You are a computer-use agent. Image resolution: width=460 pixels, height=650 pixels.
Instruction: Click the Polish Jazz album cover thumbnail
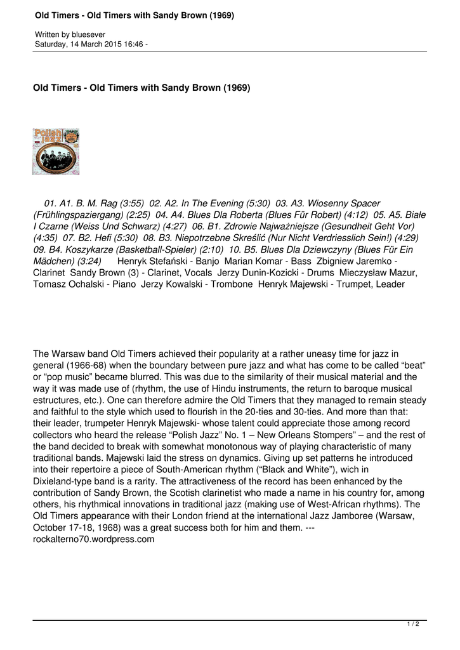tap(56, 152)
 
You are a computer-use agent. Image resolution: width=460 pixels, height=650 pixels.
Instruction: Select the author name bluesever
tap(88, 34)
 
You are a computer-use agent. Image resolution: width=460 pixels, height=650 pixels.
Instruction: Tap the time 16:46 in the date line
tap(132, 44)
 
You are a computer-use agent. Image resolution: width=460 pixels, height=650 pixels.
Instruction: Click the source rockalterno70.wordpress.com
tap(94, 540)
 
